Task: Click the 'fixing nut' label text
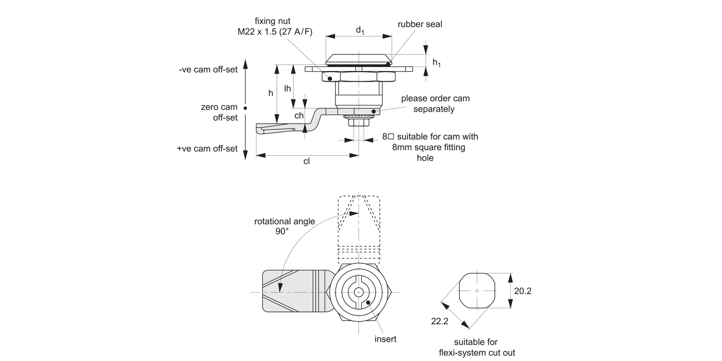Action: pyautogui.click(x=272, y=21)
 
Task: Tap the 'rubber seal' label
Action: pyautogui.click(x=420, y=24)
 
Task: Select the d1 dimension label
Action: pyautogui.click(x=360, y=30)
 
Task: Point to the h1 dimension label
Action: pyautogui.click(x=436, y=62)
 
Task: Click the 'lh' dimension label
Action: pyautogui.click(x=287, y=88)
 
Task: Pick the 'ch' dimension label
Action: pyautogui.click(x=299, y=116)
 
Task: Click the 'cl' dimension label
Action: pyautogui.click(x=307, y=161)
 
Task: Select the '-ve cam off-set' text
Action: pyautogui.click(x=208, y=69)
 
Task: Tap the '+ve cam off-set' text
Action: pyautogui.click(x=207, y=148)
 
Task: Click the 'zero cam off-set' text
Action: pyautogui.click(x=219, y=112)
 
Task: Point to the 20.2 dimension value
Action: pyautogui.click(x=523, y=291)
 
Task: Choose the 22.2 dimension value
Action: pyautogui.click(x=439, y=321)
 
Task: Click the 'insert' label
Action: pyautogui.click(x=386, y=339)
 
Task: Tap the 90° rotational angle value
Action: pyautogui.click(x=282, y=232)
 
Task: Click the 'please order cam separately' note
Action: pyautogui.click(x=435, y=103)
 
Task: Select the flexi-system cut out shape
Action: pyautogui.click(x=477, y=291)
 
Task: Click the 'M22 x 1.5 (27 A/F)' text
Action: pyautogui.click(x=275, y=32)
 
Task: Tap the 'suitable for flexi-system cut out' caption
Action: pyautogui.click(x=477, y=347)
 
